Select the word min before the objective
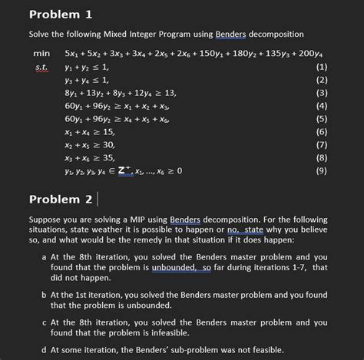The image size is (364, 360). click(41, 54)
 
